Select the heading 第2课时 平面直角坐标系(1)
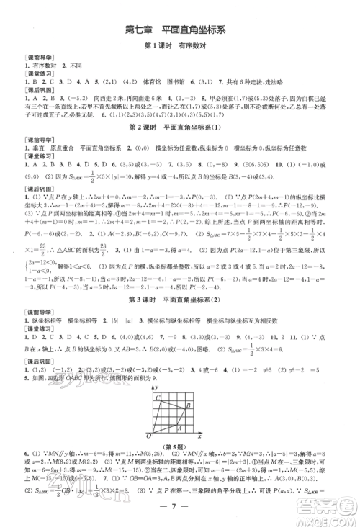(179, 127)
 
